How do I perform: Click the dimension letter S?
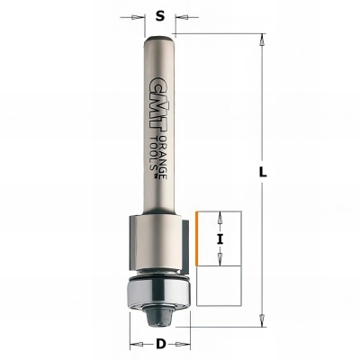coord(161,16)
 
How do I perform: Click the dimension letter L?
coord(263,173)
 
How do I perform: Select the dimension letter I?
coord(220,238)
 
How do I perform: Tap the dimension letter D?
coord(161,344)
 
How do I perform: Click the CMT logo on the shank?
coord(157,106)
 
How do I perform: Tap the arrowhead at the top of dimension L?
coord(263,40)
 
